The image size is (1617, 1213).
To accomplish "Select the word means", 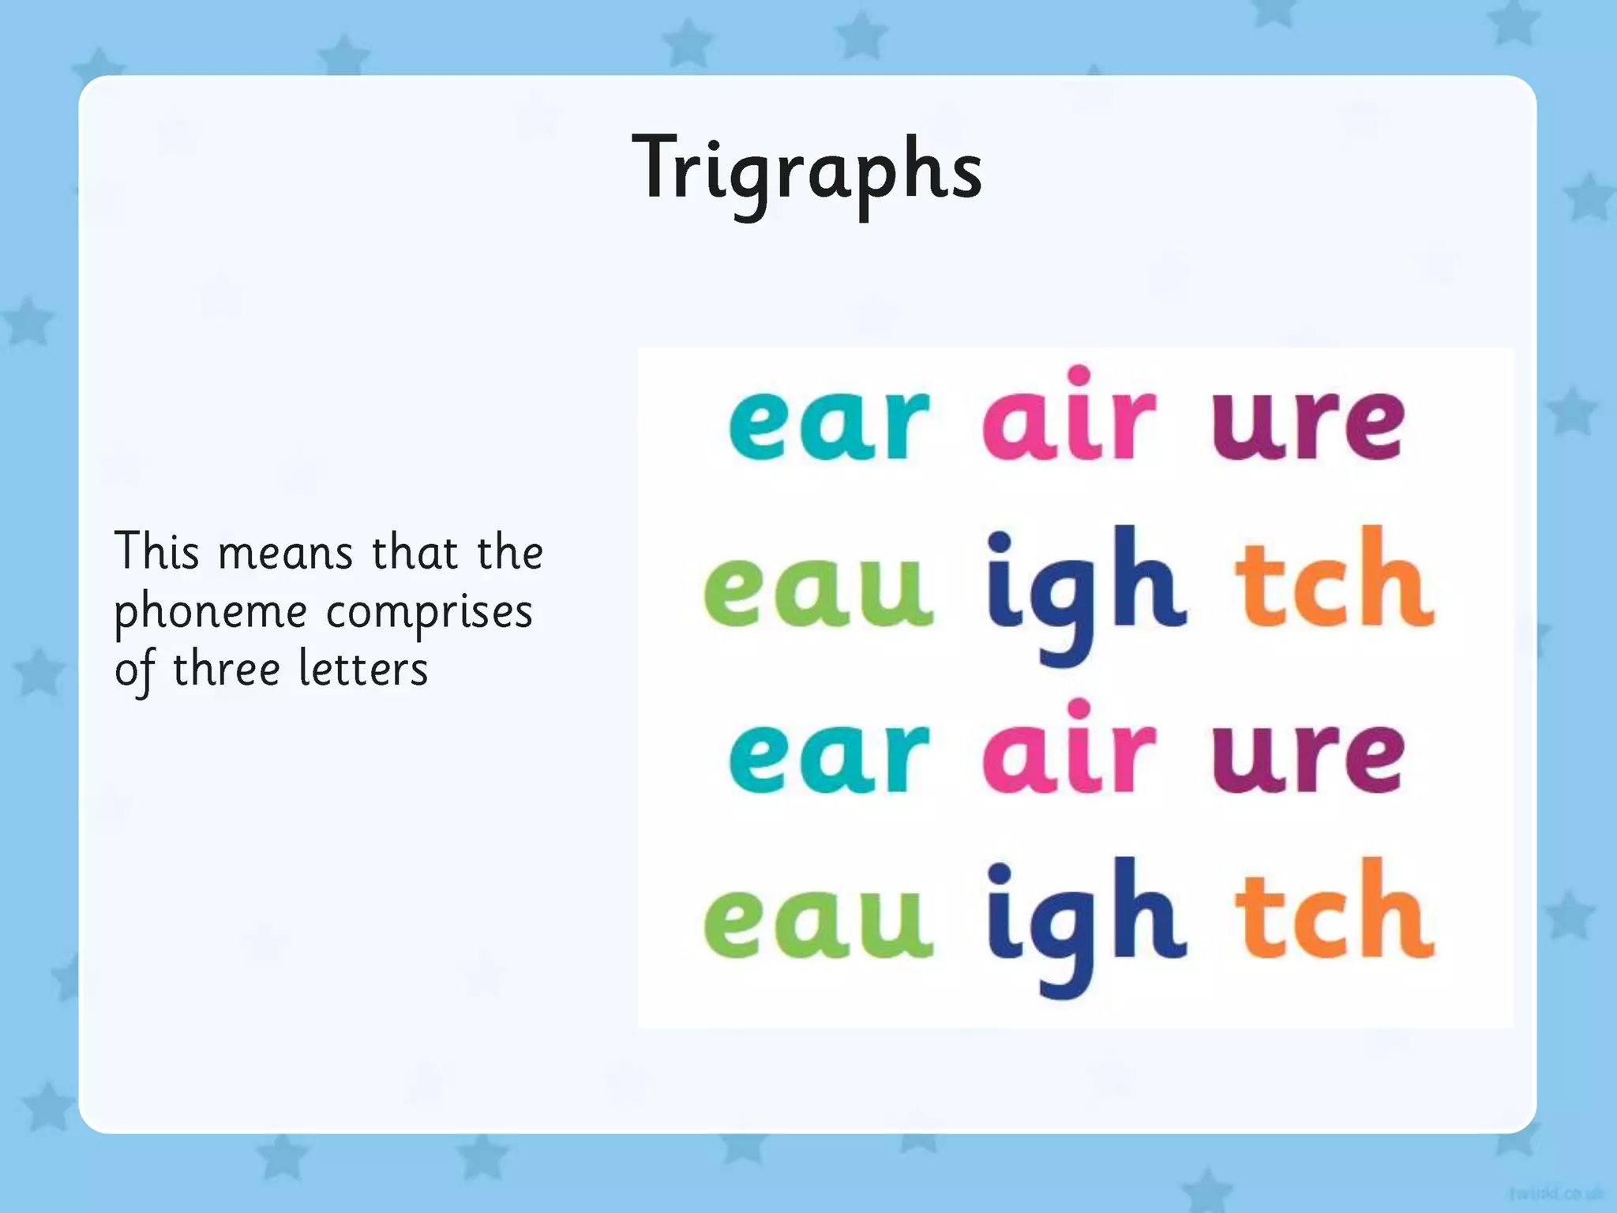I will point(285,553).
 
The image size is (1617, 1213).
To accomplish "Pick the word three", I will point(226,670).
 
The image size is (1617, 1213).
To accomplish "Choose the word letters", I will point(363,670).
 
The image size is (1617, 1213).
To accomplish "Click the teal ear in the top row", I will point(828,423).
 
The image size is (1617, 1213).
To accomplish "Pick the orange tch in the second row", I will point(1334,580).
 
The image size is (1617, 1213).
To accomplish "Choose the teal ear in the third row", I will point(828,756).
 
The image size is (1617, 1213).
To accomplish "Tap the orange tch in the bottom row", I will point(1334,912).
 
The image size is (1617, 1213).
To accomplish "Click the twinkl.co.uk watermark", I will point(1555,1192).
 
